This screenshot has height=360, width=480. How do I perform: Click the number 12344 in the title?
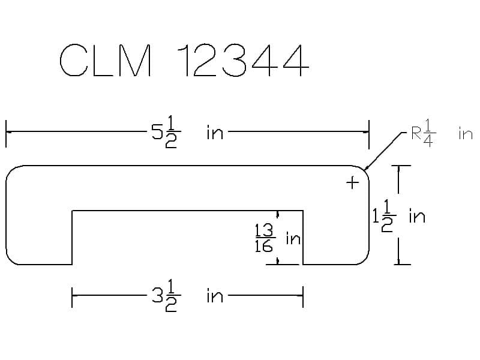coord(244,61)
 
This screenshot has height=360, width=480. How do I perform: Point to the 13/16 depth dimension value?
coord(264,239)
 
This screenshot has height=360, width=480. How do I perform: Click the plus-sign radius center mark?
coord(352,182)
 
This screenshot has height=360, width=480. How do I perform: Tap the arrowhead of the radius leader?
coord(365,169)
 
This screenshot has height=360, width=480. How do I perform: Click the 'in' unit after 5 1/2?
coord(214,133)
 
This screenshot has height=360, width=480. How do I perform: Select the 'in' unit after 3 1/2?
coord(214,296)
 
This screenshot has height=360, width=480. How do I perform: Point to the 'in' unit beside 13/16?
coord(293,239)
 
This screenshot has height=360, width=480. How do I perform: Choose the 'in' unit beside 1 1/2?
coord(416,216)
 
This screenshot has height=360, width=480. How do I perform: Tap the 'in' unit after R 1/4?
coord(466,133)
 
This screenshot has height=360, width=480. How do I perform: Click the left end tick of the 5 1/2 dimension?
coord(6,133)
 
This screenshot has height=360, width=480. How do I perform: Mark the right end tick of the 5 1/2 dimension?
coord(368,133)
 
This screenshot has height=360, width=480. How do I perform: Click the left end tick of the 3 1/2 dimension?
coord(72,296)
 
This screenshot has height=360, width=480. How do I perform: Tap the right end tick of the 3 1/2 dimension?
coord(303,296)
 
